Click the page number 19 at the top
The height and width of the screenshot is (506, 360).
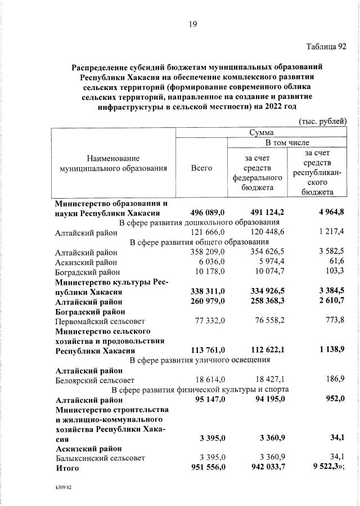tap(192, 24)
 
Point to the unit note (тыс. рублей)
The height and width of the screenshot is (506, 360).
tap(322, 121)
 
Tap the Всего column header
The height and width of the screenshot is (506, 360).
tap(201, 168)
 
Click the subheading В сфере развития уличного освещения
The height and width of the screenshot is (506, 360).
tap(200, 360)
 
